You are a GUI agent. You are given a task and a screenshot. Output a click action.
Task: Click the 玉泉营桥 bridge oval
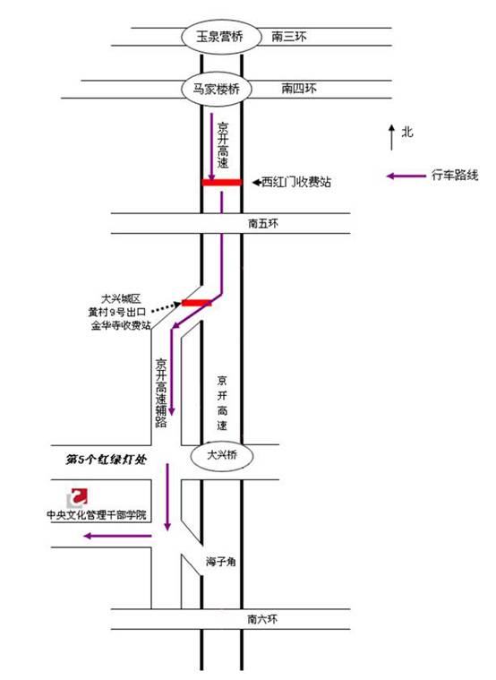221,37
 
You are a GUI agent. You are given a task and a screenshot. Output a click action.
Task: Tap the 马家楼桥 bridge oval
216,90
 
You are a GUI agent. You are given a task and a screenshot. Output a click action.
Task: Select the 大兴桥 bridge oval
221,456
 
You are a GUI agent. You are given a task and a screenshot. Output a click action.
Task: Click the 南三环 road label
289,37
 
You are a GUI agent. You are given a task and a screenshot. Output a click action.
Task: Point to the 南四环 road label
299,89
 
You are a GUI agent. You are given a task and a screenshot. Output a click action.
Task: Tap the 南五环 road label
262,224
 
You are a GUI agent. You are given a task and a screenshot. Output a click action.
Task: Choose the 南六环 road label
262,619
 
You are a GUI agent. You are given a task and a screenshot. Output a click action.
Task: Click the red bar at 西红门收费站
221,183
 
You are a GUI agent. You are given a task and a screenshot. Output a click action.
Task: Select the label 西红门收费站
295,182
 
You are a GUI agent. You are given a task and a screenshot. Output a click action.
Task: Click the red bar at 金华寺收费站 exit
197,302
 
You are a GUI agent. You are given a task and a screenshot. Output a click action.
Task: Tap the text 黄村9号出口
117,313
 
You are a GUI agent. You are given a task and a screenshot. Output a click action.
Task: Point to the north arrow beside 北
391,137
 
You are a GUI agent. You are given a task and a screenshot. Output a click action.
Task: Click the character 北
406,132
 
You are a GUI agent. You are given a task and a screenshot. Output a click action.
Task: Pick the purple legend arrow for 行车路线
406,176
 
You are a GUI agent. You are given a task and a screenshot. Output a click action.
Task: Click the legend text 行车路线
455,176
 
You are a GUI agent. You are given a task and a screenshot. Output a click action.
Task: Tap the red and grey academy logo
77,497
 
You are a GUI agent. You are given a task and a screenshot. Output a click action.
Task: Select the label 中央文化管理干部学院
97,515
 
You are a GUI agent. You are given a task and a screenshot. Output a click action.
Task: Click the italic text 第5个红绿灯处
106,460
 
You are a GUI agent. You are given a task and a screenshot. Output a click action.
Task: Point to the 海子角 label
221,562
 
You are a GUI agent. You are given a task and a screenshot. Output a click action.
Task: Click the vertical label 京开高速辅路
161,393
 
